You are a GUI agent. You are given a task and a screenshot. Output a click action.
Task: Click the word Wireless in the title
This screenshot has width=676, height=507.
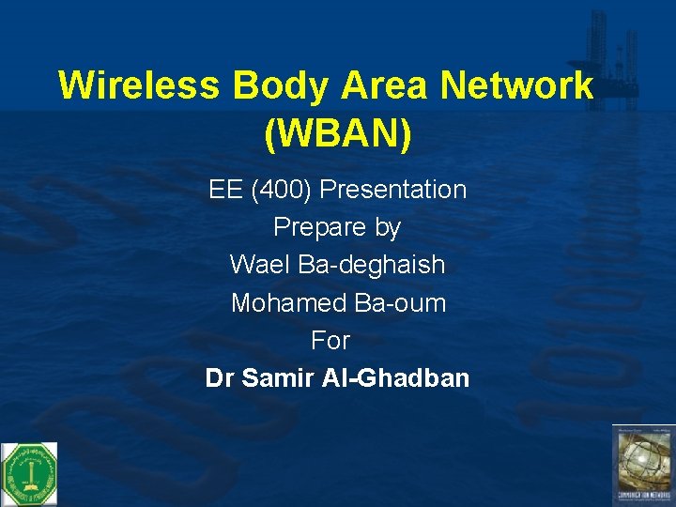point(139,85)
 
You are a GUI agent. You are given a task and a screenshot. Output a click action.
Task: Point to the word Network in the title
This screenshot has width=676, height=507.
point(517,85)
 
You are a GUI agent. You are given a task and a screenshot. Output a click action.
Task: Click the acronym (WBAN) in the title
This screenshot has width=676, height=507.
point(338,135)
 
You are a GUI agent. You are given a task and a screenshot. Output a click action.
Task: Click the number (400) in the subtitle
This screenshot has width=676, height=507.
point(281,190)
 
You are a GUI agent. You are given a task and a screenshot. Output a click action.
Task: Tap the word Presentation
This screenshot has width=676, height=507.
point(392,190)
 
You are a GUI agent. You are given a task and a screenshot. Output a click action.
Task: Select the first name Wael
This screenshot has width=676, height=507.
point(260,265)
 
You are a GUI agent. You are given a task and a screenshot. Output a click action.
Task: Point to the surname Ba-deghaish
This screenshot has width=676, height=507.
point(371,265)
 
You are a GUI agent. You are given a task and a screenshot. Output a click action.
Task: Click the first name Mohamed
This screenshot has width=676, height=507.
point(288,303)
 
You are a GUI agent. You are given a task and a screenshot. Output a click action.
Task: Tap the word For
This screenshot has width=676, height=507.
point(330,340)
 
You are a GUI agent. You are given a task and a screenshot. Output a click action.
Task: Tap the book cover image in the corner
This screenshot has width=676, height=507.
point(643,465)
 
